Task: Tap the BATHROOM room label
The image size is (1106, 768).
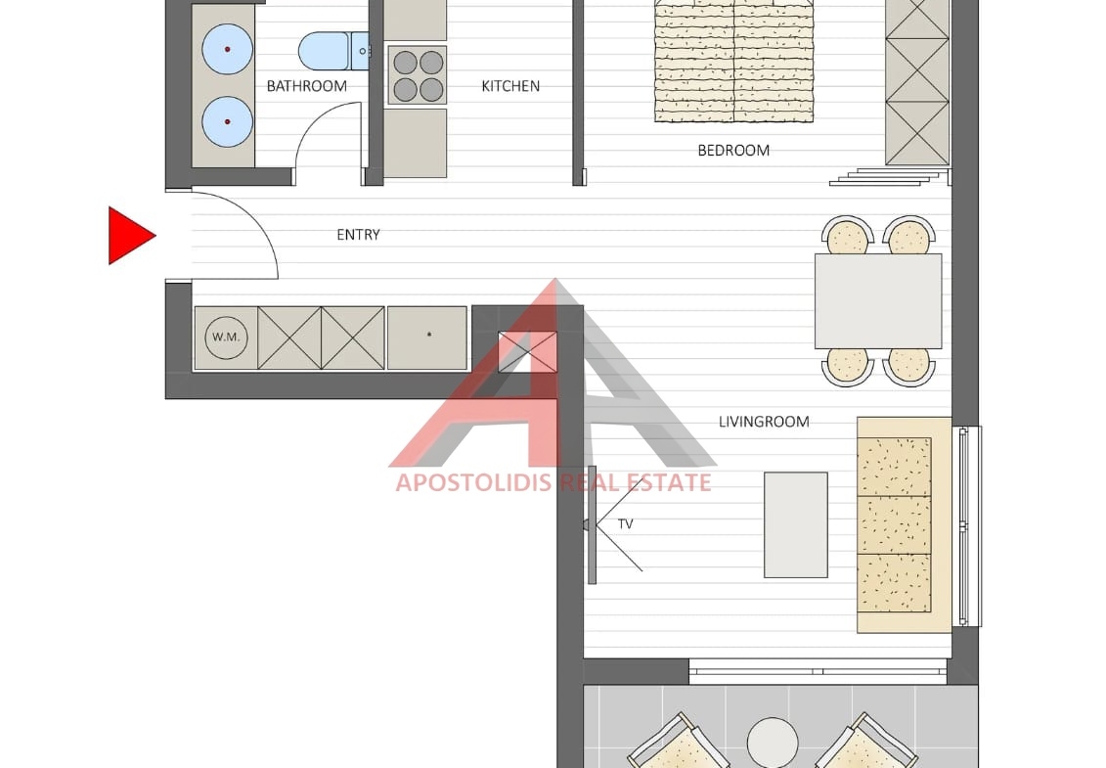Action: point(307,86)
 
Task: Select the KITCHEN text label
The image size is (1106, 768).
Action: point(510,86)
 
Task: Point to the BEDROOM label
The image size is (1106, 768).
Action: point(733,151)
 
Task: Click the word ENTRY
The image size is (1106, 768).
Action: point(358,235)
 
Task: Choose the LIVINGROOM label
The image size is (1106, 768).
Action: point(764,422)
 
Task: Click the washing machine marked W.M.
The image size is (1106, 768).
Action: point(227,338)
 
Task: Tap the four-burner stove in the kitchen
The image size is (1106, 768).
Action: point(417,74)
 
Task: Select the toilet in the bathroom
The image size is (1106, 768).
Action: point(332,51)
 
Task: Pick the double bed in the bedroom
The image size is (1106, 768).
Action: point(733,61)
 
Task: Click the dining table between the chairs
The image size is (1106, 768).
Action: point(878,300)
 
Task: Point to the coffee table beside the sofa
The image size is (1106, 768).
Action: point(796,524)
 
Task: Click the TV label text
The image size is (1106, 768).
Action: point(626,523)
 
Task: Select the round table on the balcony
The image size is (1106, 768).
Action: point(774,743)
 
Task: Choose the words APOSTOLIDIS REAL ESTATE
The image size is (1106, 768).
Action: point(553,483)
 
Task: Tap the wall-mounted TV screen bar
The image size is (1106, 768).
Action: point(592,524)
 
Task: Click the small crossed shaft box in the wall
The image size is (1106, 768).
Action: point(528,351)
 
